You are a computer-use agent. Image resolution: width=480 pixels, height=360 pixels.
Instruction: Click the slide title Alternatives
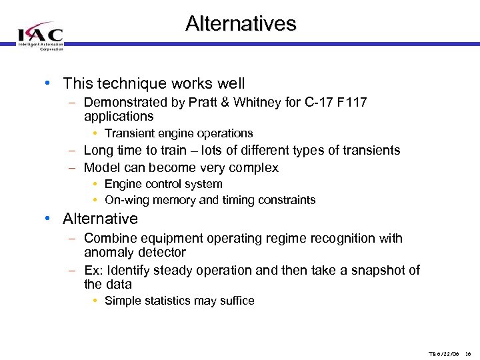click(241, 24)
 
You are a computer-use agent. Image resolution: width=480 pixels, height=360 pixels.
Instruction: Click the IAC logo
click(41, 35)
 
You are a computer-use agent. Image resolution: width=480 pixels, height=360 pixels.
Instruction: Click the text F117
click(353, 103)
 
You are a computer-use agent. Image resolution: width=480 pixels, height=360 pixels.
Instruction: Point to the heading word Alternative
click(100, 219)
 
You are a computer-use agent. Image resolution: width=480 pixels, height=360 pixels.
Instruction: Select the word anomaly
click(108, 253)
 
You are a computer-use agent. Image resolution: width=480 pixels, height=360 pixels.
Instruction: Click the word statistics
click(165, 301)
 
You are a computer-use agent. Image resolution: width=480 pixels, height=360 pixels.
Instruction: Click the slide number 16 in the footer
click(468, 354)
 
